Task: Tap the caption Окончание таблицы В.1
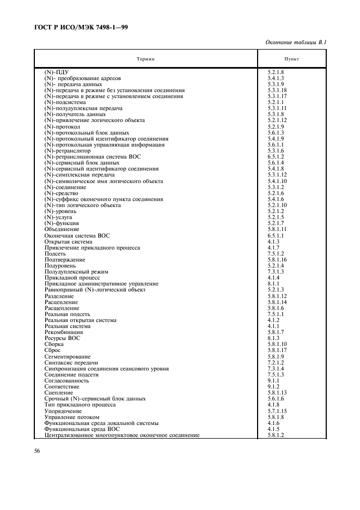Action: click(303, 42)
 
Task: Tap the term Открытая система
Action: click(68, 241)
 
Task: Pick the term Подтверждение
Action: click(65, 259)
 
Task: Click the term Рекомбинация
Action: click(64, 332)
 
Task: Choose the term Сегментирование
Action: click(68, 356)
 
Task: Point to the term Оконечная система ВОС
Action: click(77, 235)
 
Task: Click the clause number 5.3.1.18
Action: click(277, 90)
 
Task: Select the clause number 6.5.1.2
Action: click(276, 156)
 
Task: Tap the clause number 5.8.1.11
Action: click(277, 229)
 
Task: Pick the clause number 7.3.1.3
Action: click(276, 271)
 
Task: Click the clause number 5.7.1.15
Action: click(277, 411)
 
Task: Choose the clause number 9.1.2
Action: click(273, 386)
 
